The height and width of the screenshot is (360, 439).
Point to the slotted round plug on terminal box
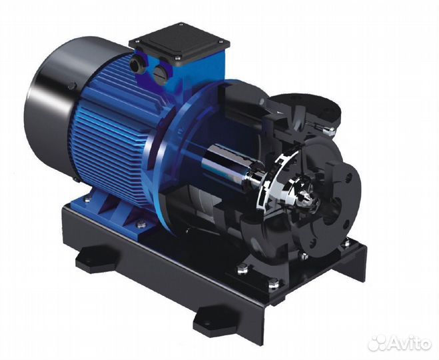[161, 67]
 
